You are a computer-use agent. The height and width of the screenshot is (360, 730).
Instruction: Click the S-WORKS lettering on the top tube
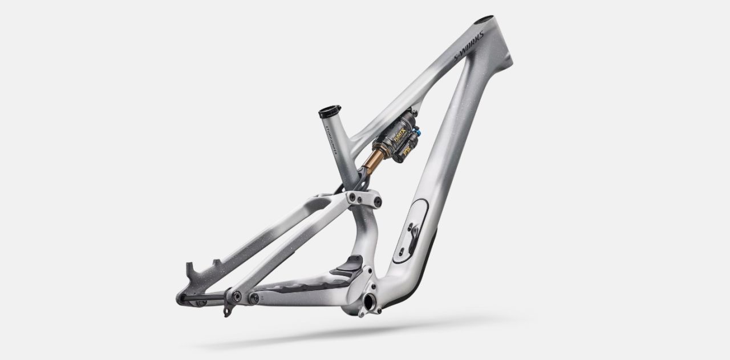coord(469,45)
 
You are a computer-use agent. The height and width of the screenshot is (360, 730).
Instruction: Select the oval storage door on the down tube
coord(413,228)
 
